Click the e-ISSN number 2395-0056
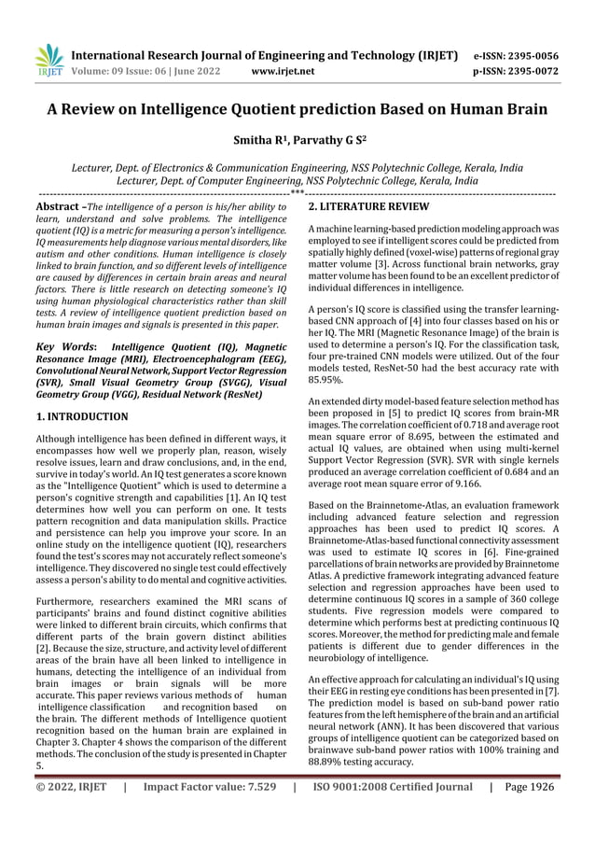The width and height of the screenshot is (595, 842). point(531,55)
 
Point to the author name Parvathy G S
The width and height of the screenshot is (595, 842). point(322,145)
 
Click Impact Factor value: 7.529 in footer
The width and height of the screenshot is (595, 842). point(210,813)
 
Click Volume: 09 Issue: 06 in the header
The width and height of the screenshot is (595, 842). point(129,70)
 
